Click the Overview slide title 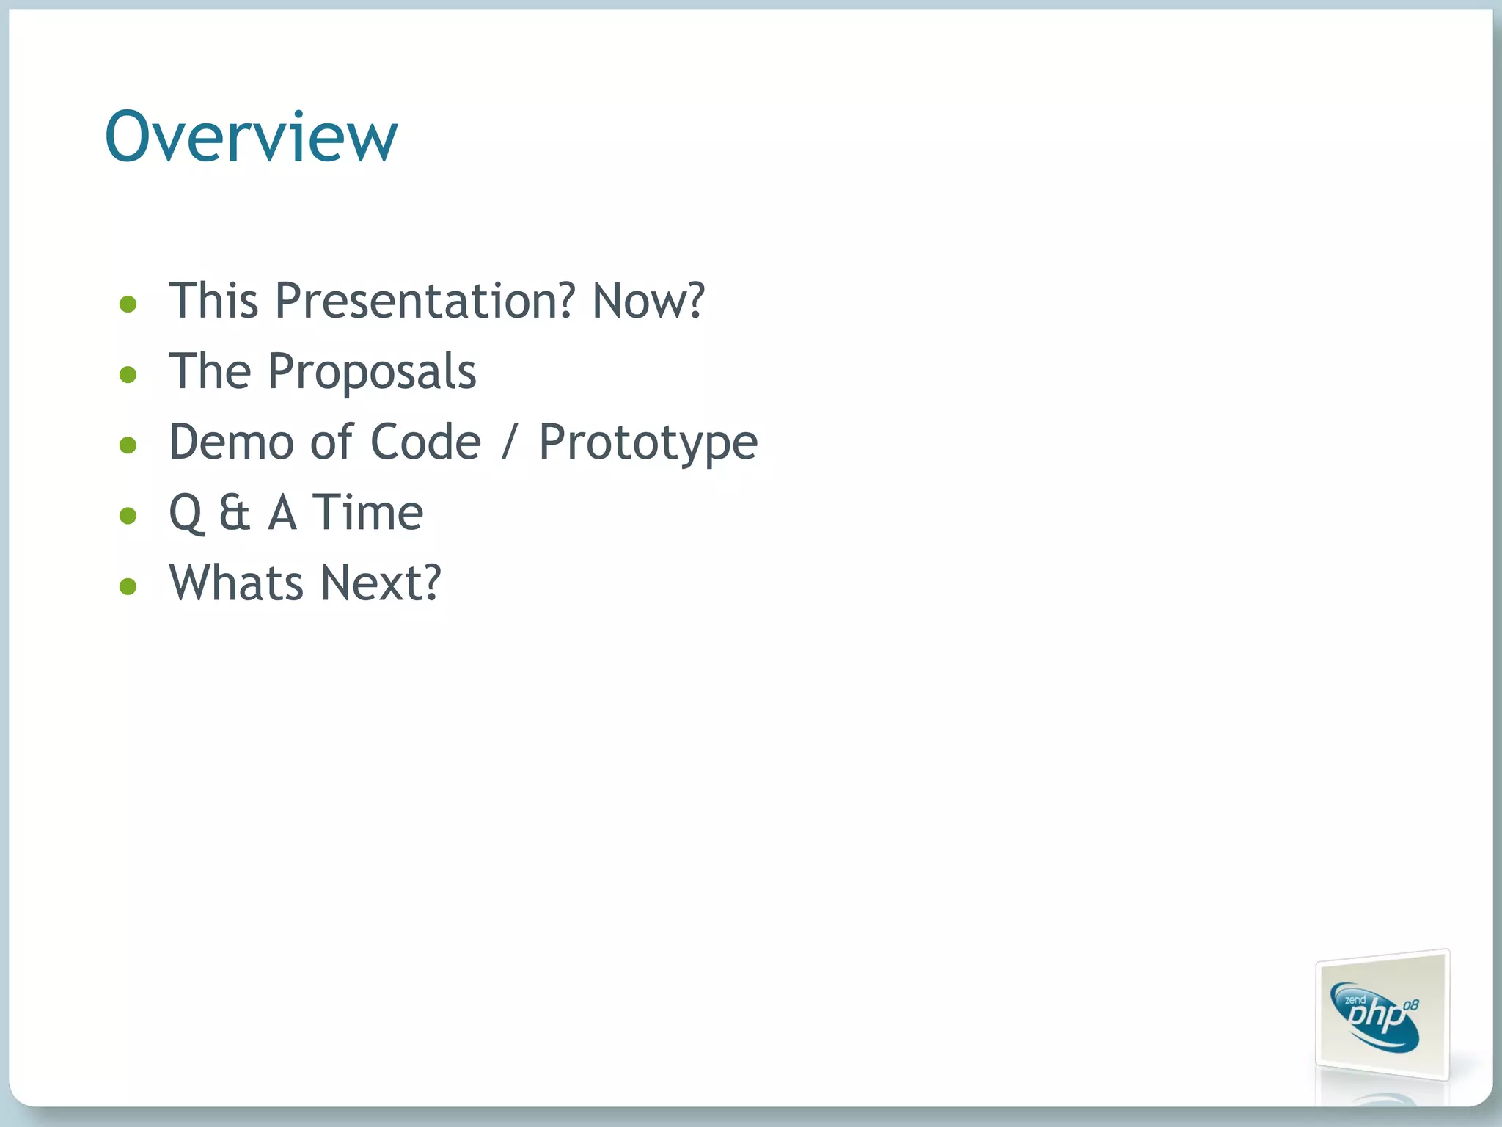(251, 136)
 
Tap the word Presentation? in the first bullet (424, 301)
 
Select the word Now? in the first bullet (648, 301)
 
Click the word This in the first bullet (213, 301)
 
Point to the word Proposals (372, 372)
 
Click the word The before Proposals (210, 371)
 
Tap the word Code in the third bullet (425, 442)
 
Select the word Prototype (648, 443)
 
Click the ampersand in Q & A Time (235, 512)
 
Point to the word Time (367, 512)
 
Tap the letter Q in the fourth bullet (186, 513)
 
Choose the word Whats (235, 583)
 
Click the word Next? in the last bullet (381, 583)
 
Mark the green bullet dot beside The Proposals (128, 375)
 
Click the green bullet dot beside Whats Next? (128, 586)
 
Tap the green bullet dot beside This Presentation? (128, 304)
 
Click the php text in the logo (1374, 1017)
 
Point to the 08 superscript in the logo (1410, 1005)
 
